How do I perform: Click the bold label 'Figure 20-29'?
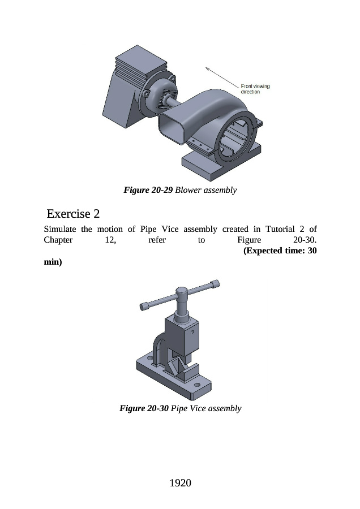coord(148,190)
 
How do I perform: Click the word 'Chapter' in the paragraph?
coord(59,240)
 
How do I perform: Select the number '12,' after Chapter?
coord(106,240)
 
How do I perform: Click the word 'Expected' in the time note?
coord(271,251)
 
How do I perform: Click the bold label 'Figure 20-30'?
coord(144,408)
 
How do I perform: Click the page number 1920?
coord(180,482)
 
